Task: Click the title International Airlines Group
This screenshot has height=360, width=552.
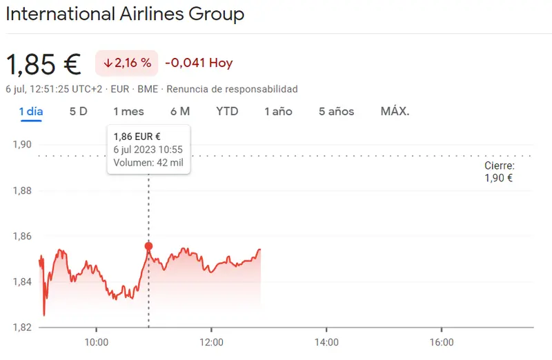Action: (125, 14)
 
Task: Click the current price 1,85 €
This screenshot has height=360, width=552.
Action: (43, 63)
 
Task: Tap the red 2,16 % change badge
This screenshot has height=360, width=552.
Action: (127, 63)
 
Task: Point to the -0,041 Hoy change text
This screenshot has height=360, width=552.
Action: (199, 63)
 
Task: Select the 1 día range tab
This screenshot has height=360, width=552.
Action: (31, 111)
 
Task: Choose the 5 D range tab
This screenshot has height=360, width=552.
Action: (78, 111)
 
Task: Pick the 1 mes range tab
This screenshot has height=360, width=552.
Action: (128, 111)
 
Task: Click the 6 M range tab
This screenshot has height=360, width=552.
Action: (180, 111)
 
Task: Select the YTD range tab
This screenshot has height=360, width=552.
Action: (227, 111)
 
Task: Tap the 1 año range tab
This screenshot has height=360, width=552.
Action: (279, 111)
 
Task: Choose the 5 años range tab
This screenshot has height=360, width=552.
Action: (337, 111)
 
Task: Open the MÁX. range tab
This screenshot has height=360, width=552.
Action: (395, 111)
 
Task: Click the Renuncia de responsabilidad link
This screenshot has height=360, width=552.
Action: (232, 89)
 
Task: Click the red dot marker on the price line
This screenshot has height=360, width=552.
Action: (148, 246)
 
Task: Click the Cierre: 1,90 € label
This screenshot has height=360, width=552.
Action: (499, 172)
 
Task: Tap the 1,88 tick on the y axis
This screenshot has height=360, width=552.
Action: (23, 190)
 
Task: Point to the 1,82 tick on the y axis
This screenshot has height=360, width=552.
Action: (23, 327)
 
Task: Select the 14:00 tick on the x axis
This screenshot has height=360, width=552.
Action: (326, 342)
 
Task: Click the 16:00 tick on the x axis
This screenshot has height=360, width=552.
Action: (442, 342)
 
